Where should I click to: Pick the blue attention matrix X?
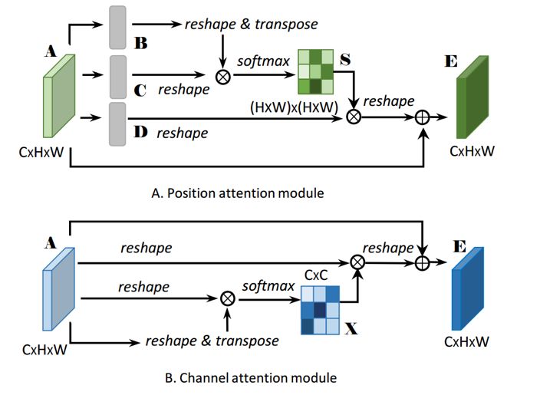click(316, 308)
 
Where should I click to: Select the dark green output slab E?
click(475, 107)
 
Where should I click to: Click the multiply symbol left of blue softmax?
click(227, 298)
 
